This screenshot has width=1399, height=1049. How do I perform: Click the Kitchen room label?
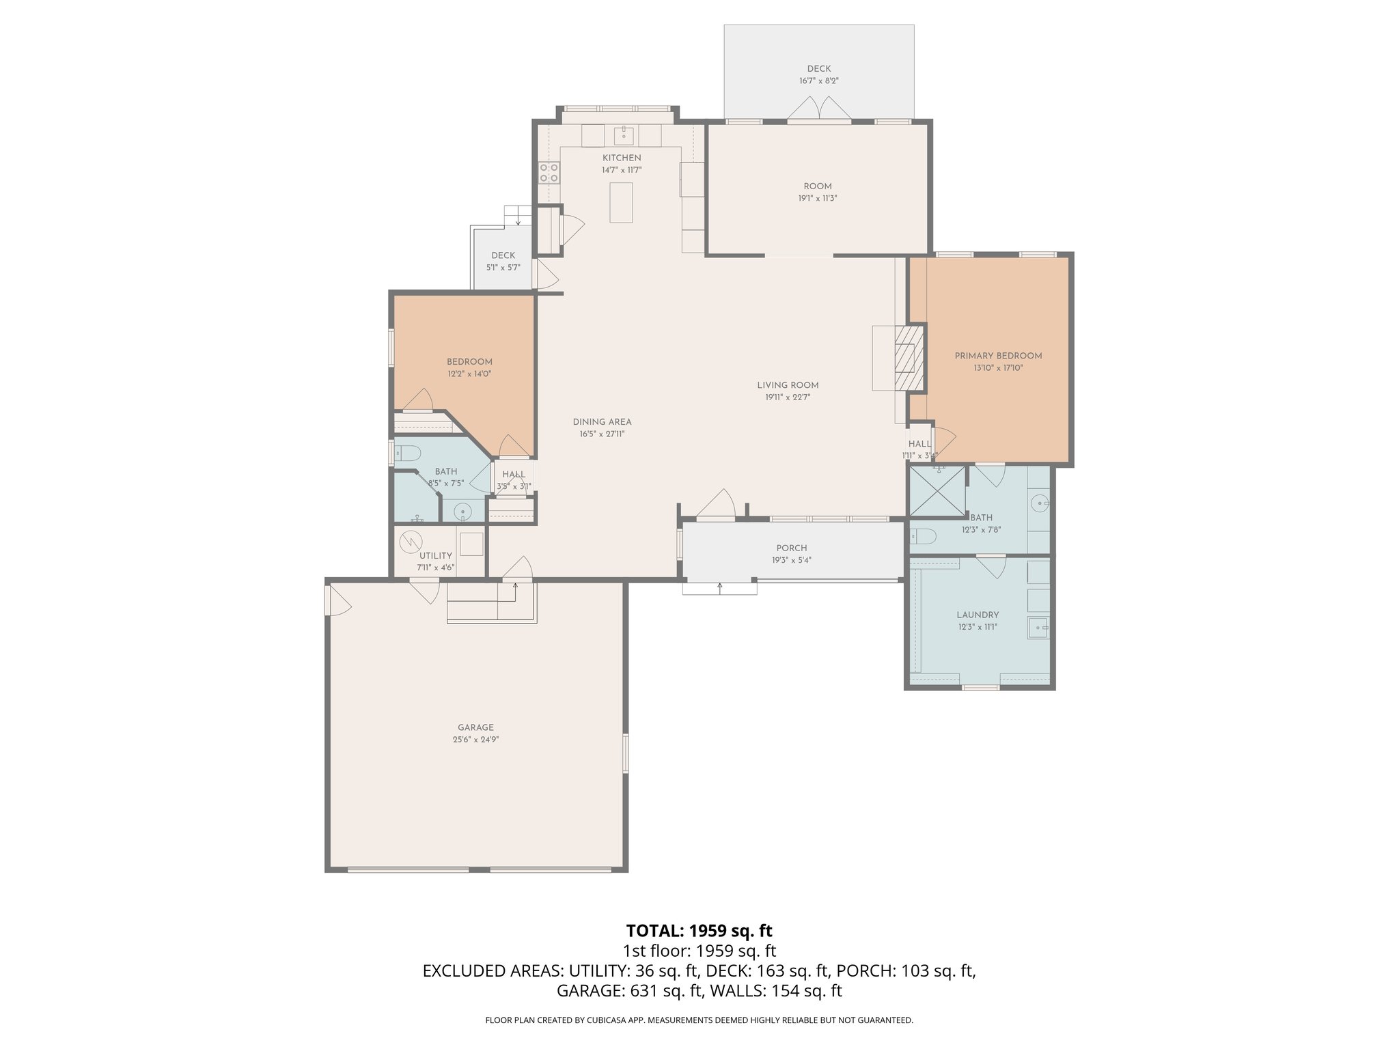tap(622, 158)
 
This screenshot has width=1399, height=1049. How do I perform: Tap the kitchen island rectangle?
tap(621, 202)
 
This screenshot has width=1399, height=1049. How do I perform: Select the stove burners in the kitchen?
tap(549, 172)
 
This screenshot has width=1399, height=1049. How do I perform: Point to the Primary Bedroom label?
tap(998, 356)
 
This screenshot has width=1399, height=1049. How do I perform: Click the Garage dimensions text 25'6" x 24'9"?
tap(475, 740)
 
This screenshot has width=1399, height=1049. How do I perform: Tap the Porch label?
tap(792, 548)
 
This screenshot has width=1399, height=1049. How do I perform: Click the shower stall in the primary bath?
tap(936, 491)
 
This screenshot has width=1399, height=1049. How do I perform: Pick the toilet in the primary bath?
tap(922, 537)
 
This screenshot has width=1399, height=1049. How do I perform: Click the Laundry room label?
tap(978, 615)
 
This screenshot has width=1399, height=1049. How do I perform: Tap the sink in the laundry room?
tap(1038, 626)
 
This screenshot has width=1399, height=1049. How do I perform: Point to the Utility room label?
tap(436, 556)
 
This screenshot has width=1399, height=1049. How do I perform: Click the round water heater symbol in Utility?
tap(412, 541)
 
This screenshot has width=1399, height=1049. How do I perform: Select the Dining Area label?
tap(602, 422)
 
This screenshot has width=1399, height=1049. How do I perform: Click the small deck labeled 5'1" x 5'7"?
tap(503, 262)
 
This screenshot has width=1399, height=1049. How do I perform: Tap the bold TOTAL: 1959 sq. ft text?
tap(699, 931)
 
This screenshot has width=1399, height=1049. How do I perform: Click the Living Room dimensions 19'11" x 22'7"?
tap(788, 397)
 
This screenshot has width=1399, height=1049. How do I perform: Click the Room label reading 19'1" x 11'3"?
tap(818, 186)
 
